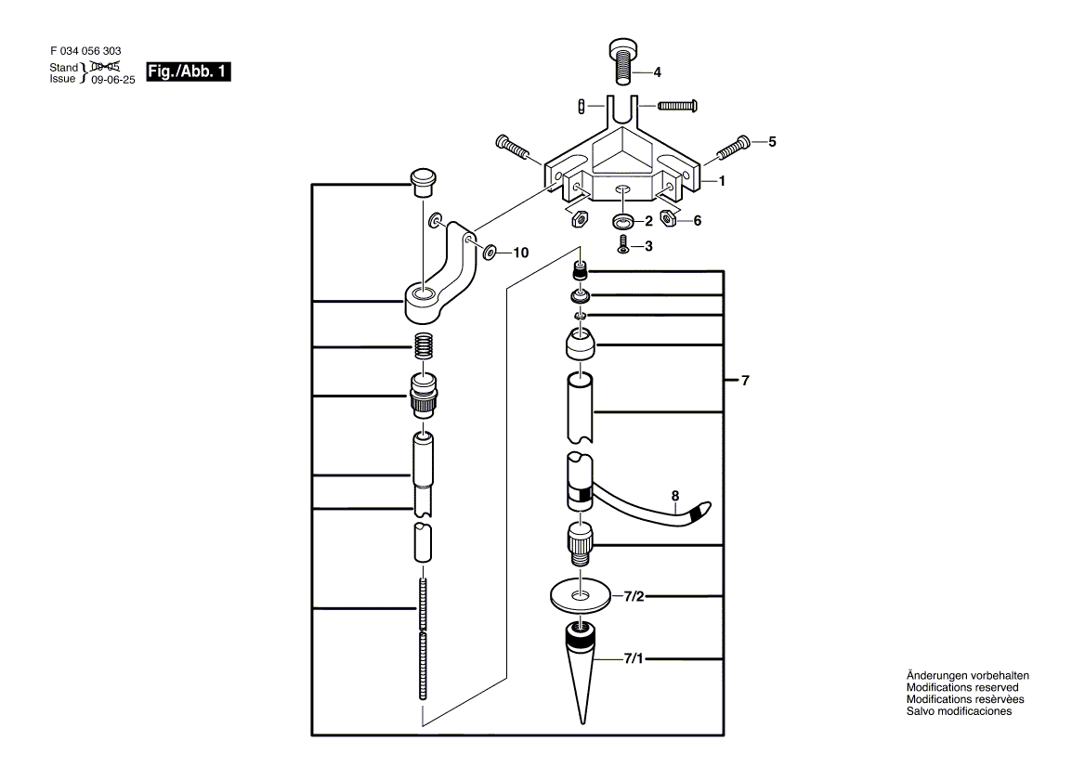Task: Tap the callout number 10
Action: click(520, 252)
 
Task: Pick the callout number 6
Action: click(697, 220)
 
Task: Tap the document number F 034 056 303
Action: click(85, 52)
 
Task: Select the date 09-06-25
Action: click(113, 80)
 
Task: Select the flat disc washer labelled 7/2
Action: click(582, 595)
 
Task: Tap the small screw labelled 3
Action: click(624, 244)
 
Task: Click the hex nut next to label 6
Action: click(667, 218)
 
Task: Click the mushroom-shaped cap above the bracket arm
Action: click(424, 181)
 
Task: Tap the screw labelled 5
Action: click(732, 145)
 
